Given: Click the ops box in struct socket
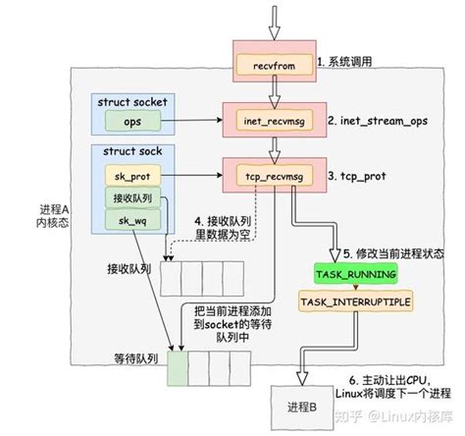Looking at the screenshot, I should pyautogui.click(x=132, y=121).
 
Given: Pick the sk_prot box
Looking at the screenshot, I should pyautogui.click(x=132, y=176).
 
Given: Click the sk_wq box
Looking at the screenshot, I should pyautogui.click(x=132, y=221).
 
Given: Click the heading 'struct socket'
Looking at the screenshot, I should pyautogui.click(x=133, y=102).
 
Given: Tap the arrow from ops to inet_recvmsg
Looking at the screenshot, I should pyautogui.click(x=191, y=121).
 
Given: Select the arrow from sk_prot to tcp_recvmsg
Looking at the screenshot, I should pyautogui.click(x=191, y=177).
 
